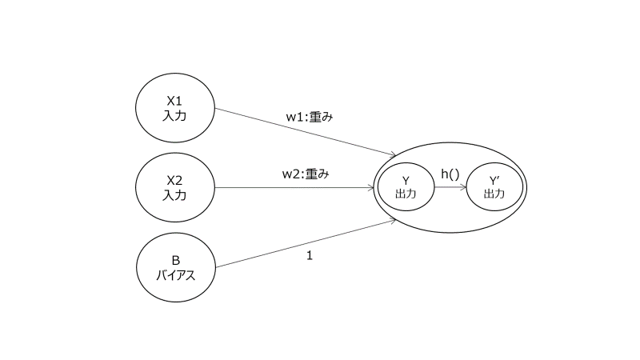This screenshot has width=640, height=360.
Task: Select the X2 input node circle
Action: point(174,188)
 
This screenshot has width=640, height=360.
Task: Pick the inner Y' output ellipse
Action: point(494,188)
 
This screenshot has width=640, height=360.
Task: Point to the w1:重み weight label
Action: point(309,117)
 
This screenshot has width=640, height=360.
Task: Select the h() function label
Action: point(450,174)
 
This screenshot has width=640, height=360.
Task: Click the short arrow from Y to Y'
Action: point(450,189)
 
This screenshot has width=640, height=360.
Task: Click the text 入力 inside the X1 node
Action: point(174,116)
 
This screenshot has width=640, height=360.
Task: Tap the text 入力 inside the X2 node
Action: point(174,196)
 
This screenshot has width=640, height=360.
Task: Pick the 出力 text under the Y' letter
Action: point(494,194)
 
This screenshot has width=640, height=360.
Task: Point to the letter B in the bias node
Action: point(174,260)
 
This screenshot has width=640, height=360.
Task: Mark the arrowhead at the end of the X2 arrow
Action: point(372,189)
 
